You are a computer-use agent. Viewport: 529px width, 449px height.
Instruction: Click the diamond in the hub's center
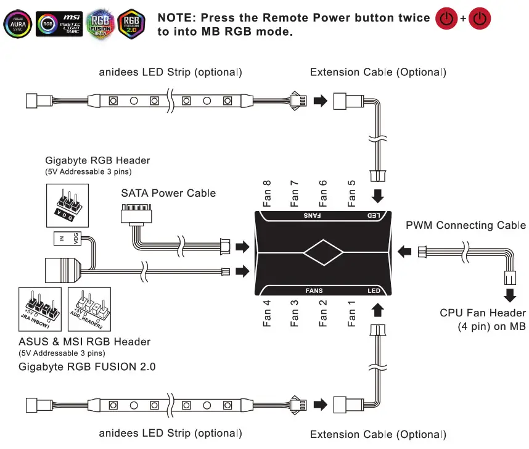point(323,252)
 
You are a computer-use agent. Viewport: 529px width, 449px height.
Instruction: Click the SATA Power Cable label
point(168,193)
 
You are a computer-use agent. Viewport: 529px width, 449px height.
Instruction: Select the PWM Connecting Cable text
point(465,225)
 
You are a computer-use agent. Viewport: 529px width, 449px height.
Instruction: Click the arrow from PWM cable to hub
point(404,251)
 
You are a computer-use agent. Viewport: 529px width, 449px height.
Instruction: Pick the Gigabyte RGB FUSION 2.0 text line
point(87,367)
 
